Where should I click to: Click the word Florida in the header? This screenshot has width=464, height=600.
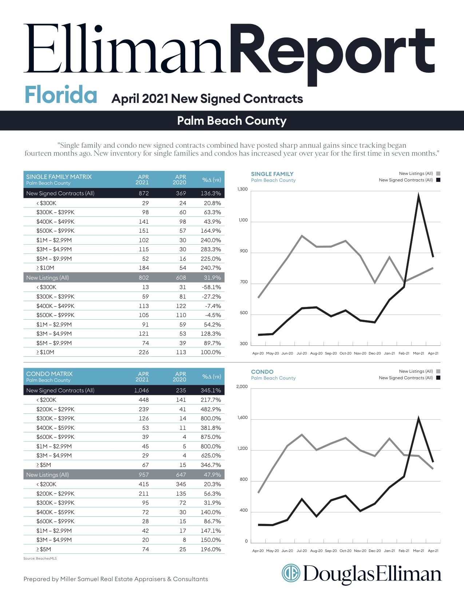tap(61, 95)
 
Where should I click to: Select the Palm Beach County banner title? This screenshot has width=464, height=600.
tap(231, 121)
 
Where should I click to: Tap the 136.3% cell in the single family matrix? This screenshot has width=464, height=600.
tap(211, 193)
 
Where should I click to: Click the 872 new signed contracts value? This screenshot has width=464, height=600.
tap(144, 193)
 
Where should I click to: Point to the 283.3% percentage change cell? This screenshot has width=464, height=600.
tap(211, 249)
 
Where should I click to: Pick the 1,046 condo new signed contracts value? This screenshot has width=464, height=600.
tap(141, 391)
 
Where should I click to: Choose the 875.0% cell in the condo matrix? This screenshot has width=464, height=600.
tap(211, 437)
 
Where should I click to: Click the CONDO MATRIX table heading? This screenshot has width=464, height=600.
tap(49, 374)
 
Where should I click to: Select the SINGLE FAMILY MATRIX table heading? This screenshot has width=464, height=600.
tap(59, 177)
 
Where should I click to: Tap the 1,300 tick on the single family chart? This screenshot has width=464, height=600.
tap(242, 189)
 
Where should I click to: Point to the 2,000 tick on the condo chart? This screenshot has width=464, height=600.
tap(242, 387)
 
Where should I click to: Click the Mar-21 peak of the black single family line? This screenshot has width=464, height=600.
tap(419, 195)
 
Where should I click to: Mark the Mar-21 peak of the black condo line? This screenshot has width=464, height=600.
tap(419, 418)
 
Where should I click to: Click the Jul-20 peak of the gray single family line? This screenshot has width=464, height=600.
tap(302, 236)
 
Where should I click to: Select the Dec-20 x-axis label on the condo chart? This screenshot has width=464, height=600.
tap(375, 551)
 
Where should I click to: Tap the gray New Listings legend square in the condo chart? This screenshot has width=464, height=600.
tap(438, 371)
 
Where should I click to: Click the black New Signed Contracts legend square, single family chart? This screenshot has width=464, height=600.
tap(438, 180)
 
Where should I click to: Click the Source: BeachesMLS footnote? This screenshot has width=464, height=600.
tap(40, 558)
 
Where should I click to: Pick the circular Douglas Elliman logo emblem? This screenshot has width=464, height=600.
tap(291, 573)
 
